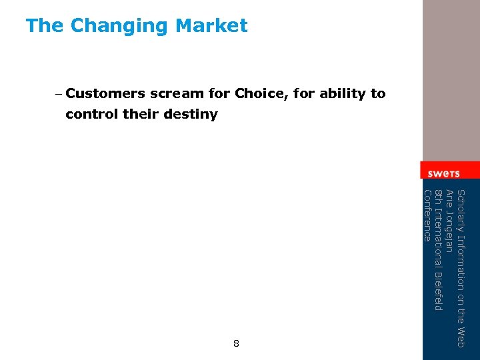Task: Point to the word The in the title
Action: click(x=45, y=26)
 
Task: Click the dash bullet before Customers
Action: click(x=59, y=94)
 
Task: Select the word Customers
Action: click(x=106, y=94)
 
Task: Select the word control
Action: click(x=92, y=115)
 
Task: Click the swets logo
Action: click(x=443, y=173)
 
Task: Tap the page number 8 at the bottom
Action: click(x=236, y=344)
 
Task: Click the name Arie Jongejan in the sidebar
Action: click(x=449, y=221)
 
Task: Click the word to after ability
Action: click(x=378, y=94)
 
